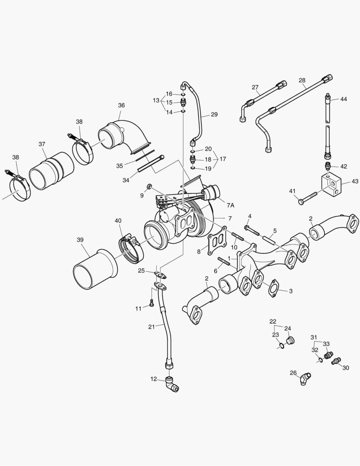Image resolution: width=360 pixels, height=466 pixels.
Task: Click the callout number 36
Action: (121, 105)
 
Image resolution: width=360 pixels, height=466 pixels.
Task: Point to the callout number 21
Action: (151, 327)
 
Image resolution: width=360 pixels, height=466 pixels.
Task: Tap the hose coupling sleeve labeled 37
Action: (52, 171)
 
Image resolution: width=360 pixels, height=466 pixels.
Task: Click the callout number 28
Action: (302, 81)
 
